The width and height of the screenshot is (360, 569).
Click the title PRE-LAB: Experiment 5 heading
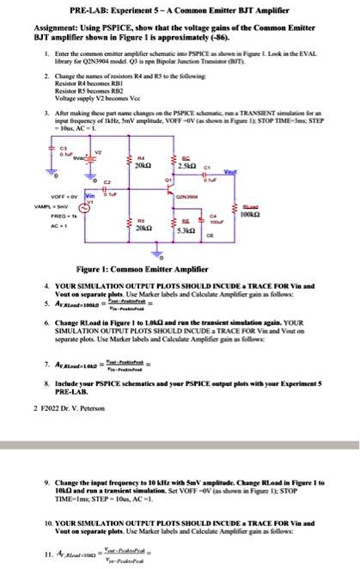click(x=180, y=8)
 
